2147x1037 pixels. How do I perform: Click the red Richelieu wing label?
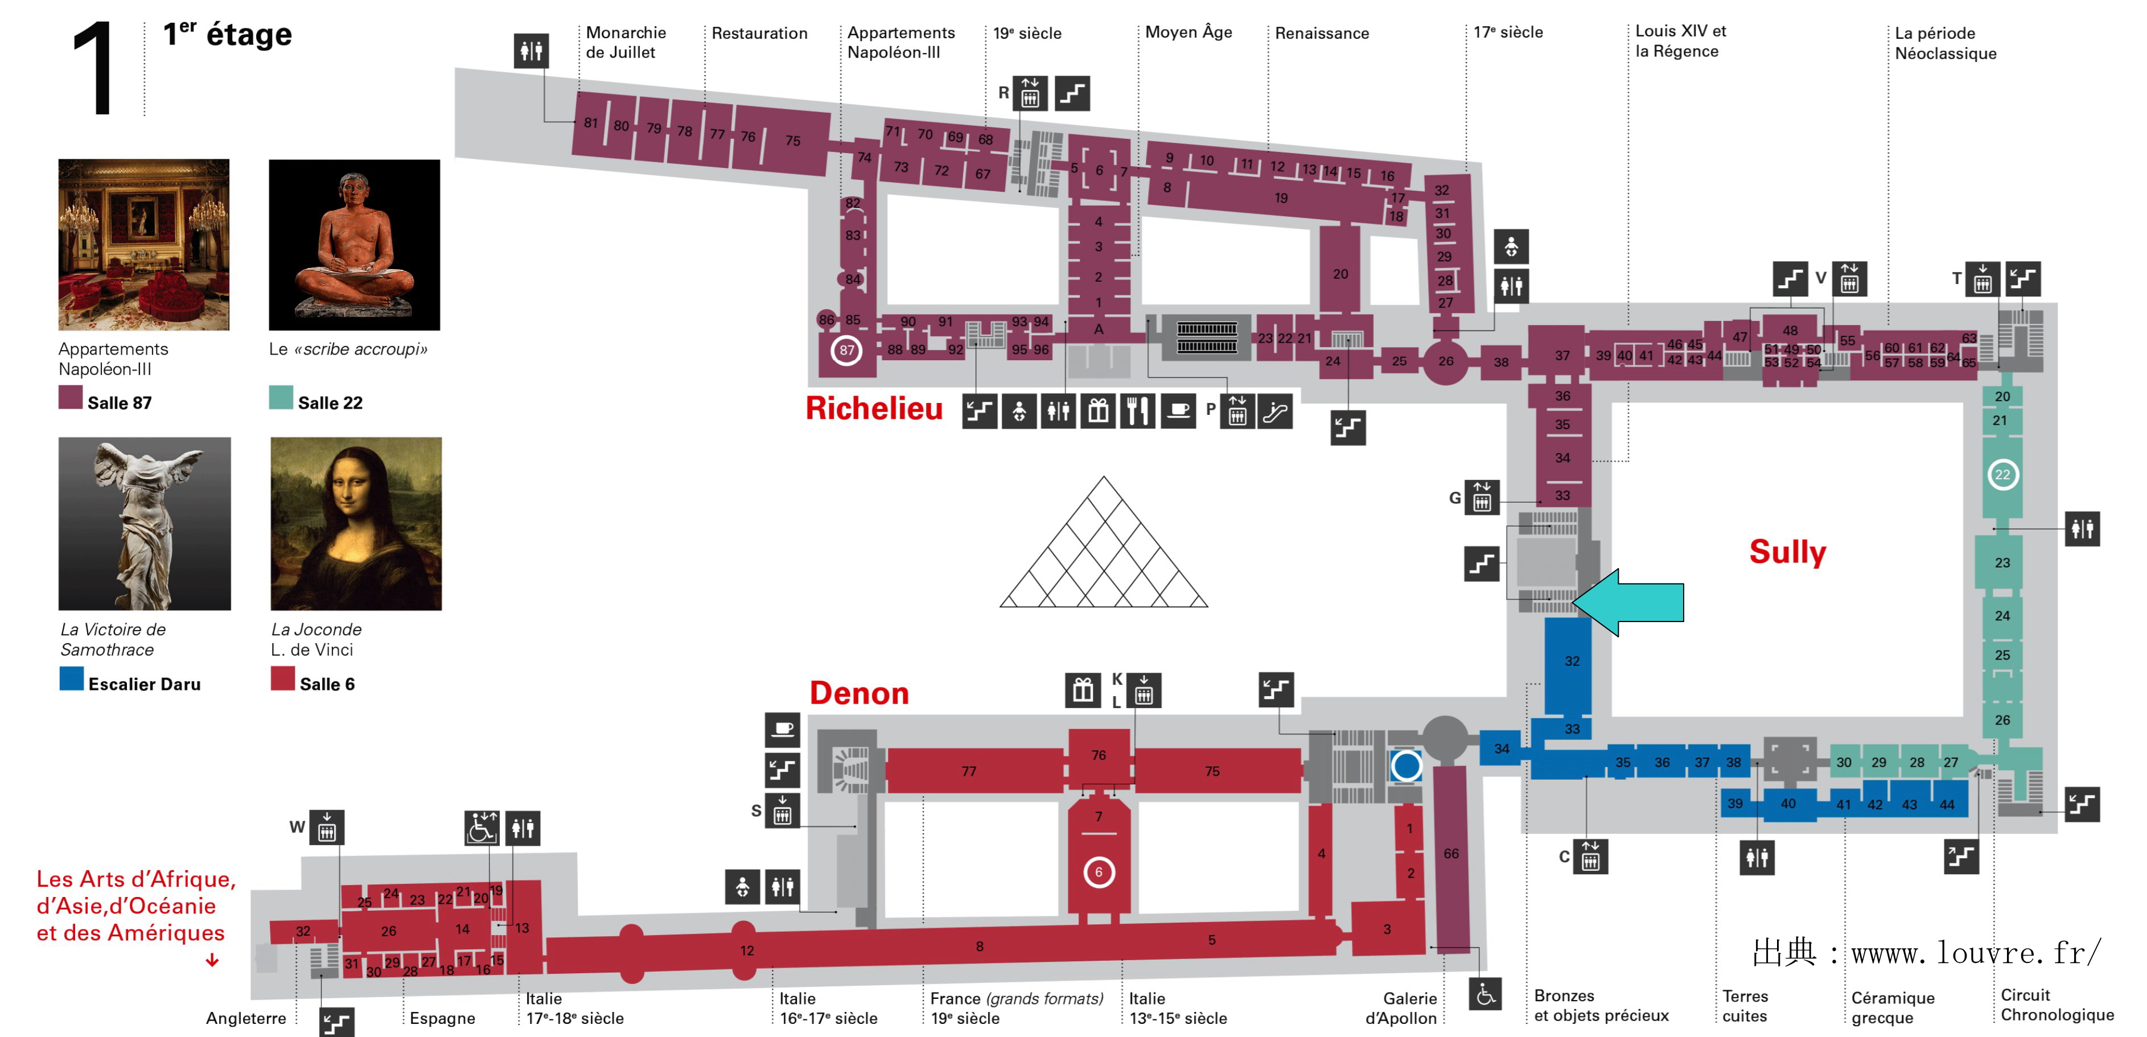click(874, 409)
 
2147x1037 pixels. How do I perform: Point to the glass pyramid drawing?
click(1104, 550)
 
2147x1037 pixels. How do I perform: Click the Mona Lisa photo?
click(356, 524)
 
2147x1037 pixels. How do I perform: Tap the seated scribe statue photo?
click(354, 244)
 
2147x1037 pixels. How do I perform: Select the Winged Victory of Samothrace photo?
click(144, 524)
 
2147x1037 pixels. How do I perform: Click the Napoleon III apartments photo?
click(143, 244)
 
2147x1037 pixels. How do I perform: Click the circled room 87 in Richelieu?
click(847, 350)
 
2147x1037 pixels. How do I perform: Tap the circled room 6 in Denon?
click(1099, 873)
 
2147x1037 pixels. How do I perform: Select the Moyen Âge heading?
click(1188, 32)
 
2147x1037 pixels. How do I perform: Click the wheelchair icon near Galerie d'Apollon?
click(1485, 994)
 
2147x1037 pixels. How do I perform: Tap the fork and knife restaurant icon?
click(1138, 411)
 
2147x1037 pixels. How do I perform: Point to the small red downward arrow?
click(212, 960)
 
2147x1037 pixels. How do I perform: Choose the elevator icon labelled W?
click(327, 828)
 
